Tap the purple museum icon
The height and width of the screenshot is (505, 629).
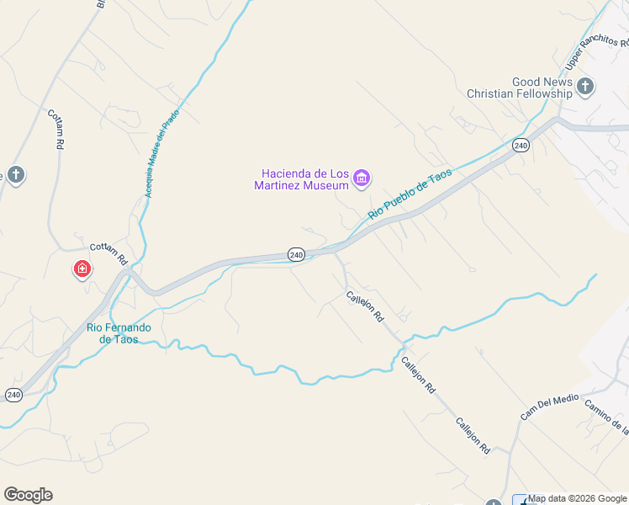(x=362, y=178)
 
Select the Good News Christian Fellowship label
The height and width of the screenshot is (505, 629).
(x=519, y=88)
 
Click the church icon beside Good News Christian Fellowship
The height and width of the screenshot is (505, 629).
(x=585, y=85)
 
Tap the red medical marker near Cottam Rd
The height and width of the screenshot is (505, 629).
(x=82, y=269)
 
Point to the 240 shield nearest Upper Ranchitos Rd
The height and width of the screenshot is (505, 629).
(x=521, y=146)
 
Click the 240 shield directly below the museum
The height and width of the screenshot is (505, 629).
(x=295, y=254)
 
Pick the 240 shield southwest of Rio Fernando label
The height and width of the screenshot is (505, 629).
(x=13, y=394)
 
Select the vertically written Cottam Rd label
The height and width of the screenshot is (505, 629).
(x=56, y=129)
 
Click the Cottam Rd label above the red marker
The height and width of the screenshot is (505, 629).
(x=108, y=252)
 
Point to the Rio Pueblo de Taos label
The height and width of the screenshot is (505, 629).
(x=410, y=194)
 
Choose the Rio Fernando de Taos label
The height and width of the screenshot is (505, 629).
(x=119, y=332)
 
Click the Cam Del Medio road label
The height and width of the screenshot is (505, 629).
(x=550, y=404)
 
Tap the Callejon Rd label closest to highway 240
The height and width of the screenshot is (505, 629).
(x=365, y=307)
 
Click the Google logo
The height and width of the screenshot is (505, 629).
(x=28, y=495)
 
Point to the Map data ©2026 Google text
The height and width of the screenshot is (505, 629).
(x=578, y=498)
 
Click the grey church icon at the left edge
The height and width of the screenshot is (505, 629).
(x=15, y=175)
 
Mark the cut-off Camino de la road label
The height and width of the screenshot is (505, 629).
(x=605, y=417)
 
